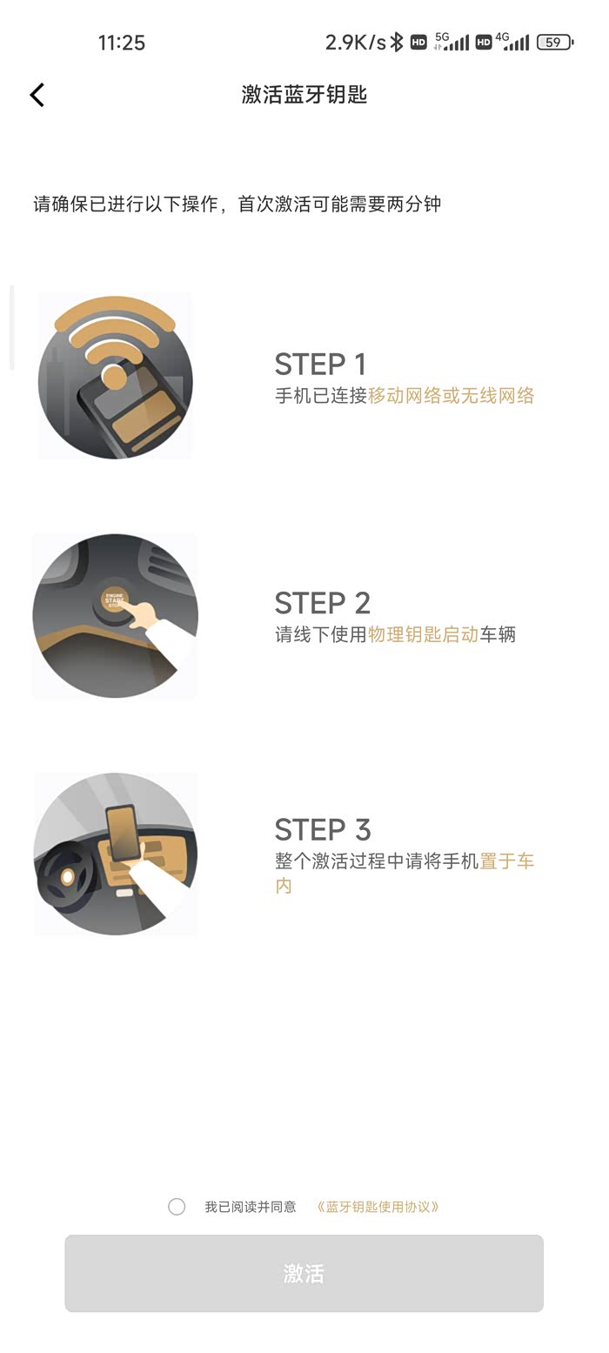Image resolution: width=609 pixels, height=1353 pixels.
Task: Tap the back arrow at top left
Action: click(x=37, y=95)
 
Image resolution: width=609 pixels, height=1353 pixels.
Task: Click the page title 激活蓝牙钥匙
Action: click(x=304, y=94)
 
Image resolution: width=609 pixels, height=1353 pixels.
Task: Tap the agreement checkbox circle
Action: click(x=177, y=1206)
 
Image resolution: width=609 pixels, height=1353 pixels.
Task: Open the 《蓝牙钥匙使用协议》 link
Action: click(x=378, y=1207)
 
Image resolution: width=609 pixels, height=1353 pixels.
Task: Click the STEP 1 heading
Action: click(x=320, y=365)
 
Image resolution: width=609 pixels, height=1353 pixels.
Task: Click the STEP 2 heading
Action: click(x=323, y=603)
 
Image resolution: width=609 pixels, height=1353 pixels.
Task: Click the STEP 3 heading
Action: click(x=323, y=829)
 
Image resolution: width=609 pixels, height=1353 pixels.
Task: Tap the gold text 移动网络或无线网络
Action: click(x=452, y=396)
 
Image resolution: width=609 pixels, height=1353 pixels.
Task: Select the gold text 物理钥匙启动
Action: click(x=424, y=634)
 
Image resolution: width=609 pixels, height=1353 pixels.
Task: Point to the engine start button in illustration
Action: click(x=114, y=599)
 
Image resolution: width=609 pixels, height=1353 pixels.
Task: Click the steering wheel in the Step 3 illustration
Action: click(x=64, y=876)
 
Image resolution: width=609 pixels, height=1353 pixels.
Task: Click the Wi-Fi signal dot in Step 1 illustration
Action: click(x=113, y=378)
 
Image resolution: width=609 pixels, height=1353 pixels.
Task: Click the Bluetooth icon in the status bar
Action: click(x=397, y=43)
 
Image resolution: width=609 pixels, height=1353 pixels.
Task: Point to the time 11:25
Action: click(x=122, y=43)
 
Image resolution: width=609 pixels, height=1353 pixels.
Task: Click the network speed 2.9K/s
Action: click(x=355, y=43)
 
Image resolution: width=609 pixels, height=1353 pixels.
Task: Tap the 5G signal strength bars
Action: click(x=452, y=42)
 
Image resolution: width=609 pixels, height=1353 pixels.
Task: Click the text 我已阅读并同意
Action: click(x=251, y=1207)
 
